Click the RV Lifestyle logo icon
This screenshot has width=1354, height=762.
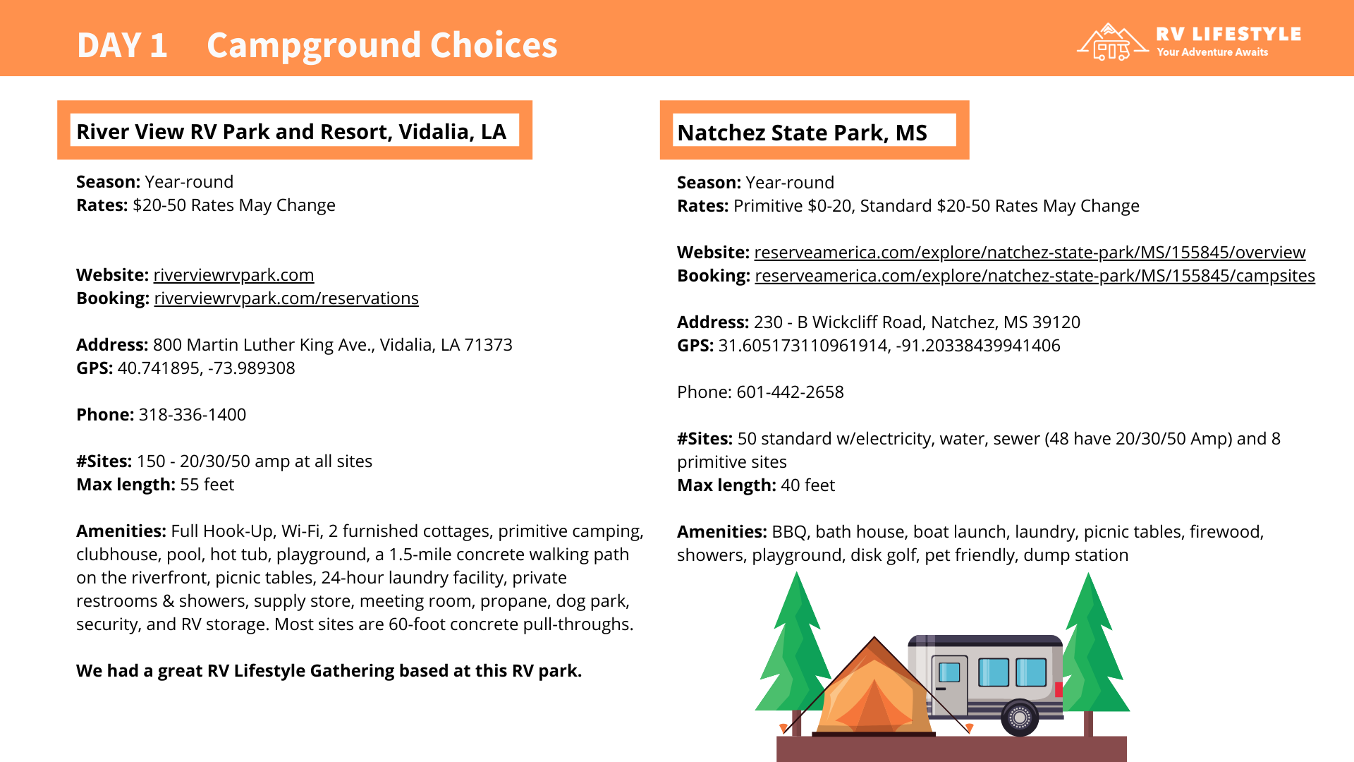click(1111, 42)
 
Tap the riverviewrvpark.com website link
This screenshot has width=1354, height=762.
click(233, 275)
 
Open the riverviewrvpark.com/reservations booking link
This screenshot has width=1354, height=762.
click(286, 298)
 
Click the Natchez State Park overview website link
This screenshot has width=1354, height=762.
click(1030, 253)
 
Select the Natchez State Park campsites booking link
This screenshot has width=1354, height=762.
click(1035, 276)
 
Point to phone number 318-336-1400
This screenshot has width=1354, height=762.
click(193, 415)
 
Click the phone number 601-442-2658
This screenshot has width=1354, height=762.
click(790, 392)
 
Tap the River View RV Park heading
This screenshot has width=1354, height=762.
click(291, 132)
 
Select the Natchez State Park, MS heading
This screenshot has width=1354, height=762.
click(802, 133)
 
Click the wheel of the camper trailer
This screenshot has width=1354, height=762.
click(1020, 718)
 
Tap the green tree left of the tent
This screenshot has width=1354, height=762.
click(795, 649)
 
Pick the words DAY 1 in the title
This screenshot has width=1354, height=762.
click(122, 45)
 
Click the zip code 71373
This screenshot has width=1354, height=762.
click(489, 345)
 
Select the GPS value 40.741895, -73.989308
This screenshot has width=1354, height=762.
click(206, 368)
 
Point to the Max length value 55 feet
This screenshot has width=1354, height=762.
click(207, 485)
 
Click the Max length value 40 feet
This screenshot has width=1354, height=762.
click(807, 485)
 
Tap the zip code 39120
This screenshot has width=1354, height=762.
click(1056, 322)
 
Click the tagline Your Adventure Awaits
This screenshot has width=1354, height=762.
click(1212, 52)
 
